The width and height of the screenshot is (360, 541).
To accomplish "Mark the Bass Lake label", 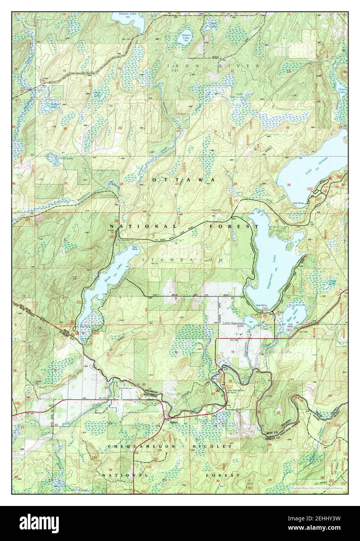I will [x=295, y=313].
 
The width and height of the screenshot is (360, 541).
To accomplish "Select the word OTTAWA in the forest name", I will [x=183, y=180].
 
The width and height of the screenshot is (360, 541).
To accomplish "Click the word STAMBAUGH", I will [x=183, y=259].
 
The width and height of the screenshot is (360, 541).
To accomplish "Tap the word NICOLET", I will [x=219, y=446].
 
